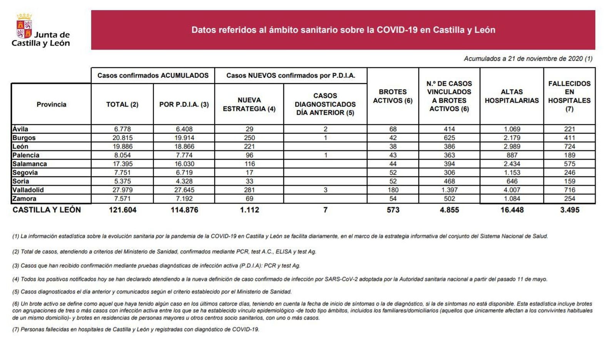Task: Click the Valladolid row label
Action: [x=28, y=190]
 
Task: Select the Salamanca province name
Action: [x=30, y=164]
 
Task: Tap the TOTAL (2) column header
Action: [x=122, y=104]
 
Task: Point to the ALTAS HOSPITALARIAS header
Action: [x=512, y=96]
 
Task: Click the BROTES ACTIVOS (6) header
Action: [x=393, y=96]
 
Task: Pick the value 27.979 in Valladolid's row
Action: [x=122, y=190]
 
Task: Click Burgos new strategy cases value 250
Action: [x=249, y=138]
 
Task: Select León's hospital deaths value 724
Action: [x=569, y=146]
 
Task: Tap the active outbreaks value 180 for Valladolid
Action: [x=393, y=190]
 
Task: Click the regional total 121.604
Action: [x=122, y=210]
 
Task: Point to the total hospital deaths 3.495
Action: [x=569, y=210]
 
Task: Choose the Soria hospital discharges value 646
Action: [x=512, y=181]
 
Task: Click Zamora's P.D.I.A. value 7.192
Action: [x=184, y=199]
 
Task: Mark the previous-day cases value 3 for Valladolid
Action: [x=325, y=190]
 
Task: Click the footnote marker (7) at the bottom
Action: [x=15, y=330]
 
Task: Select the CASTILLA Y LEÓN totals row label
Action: [x=47, y=210]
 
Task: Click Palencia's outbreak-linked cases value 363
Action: [x=449, y=155]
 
